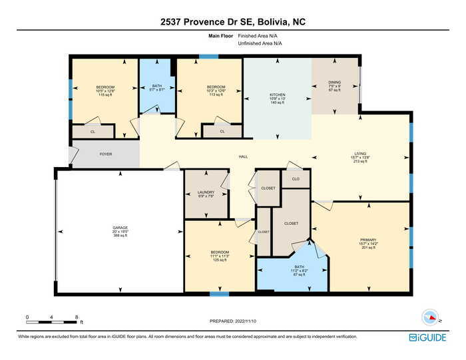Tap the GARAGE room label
(x=120, y=228)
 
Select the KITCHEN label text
(x=278, y=95)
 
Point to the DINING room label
(x=334, y=83)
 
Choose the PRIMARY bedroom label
(x=368, y=240)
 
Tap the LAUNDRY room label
(x=206, y=192)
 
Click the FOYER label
(x=105, y=154)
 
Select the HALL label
(x=244, y=158)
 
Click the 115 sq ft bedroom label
(x=105, y=87)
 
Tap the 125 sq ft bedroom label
(x=220, y=252)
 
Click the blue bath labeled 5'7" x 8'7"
(x=157, y=87)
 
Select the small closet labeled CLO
(x=296, y=179)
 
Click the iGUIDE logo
(x=427, y=337)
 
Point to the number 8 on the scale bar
(x=77, y=317)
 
